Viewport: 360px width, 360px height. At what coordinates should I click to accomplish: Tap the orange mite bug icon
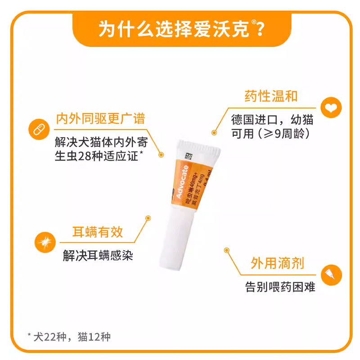(45, 243)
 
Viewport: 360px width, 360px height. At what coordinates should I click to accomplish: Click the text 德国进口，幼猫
(272, 120)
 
